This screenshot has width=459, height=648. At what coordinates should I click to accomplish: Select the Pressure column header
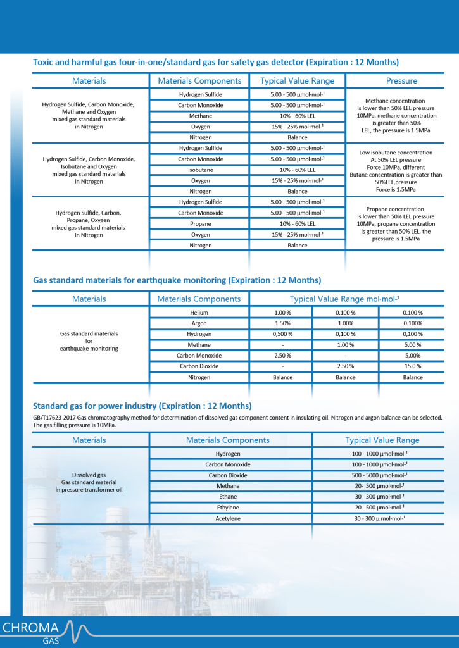click(x=401, y=81)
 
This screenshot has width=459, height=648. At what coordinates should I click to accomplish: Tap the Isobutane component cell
click(x=200, y=170)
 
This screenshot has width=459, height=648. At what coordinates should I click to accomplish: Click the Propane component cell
click(x=200, y=224)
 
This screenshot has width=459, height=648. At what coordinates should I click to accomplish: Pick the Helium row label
click(x=199, y=313)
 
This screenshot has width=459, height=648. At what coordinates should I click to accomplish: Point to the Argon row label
click(x=199, y=323)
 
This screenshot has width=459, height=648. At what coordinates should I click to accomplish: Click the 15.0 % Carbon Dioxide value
click(x=413, y=366)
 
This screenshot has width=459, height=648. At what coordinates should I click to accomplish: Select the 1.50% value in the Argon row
click(x=282, y=323)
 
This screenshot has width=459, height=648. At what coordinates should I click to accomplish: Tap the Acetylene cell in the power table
click(x=227, y=519)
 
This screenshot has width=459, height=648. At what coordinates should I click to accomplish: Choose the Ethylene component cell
click(x=227, y=508)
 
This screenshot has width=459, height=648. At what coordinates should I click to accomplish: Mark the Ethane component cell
click(x=227, y=497)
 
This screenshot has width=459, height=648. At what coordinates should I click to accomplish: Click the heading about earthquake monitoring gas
click(x=177, y=280)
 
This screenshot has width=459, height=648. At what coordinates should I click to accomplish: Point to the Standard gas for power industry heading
click(x=142, y=406)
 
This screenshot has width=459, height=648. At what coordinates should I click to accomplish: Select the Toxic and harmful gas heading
click(x=216, y=62)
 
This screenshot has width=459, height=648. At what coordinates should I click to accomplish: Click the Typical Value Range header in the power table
click(x=382, y=440)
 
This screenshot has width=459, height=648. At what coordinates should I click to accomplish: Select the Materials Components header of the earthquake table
click(x=199, y=299)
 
